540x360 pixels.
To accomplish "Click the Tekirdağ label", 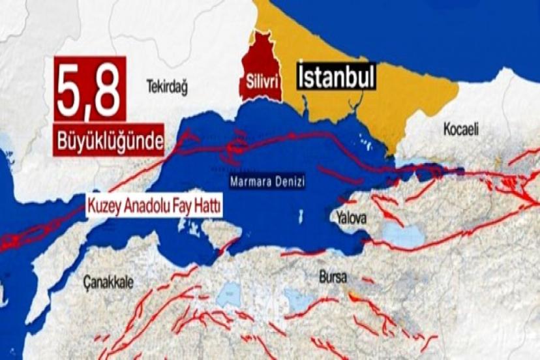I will click(x=167, y=86).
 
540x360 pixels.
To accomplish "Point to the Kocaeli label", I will click(x=461, y=129).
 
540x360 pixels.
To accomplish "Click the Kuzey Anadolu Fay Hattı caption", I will click(x=154, y=207).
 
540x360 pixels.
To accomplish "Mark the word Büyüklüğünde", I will click(x=107, y=142).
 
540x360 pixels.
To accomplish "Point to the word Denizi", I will click(x=288, y=183).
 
